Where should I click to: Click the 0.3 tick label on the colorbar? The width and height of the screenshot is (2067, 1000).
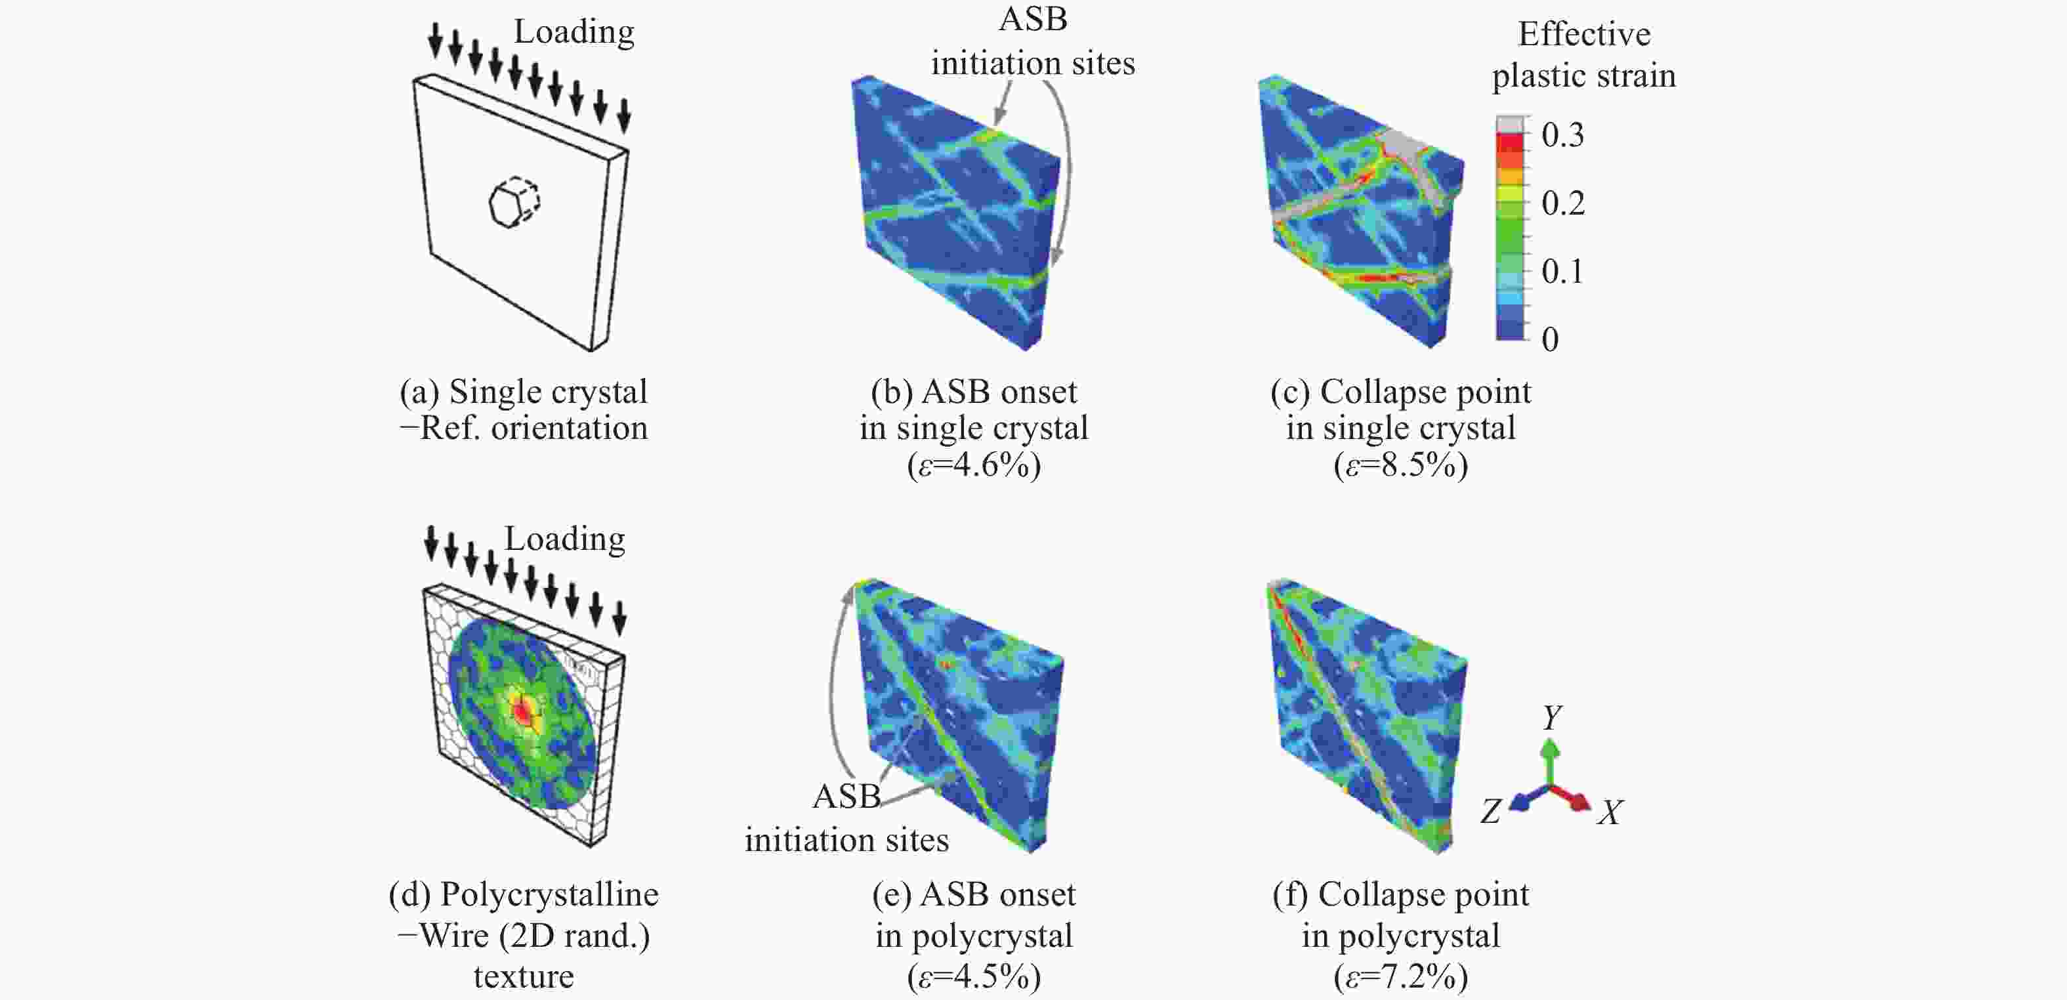tap(1562, 135)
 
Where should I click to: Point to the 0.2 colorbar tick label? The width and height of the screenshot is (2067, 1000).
tap(1562, 203)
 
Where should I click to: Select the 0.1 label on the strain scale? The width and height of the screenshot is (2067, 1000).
tap(1562, 271)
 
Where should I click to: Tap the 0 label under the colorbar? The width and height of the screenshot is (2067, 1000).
tap(1550, 339)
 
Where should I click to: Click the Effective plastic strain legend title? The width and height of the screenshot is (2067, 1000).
tap(1583, 54)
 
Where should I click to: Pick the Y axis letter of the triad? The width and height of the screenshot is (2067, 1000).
tap(1552, 717)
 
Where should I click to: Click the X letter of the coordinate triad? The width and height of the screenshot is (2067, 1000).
tap(1610, 813)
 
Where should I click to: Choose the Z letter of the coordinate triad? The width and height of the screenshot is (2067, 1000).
tap(1491, 812)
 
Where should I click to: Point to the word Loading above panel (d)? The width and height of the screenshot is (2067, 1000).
tap(564, 539)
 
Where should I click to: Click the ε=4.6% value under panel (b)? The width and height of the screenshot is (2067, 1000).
tap(974, 465)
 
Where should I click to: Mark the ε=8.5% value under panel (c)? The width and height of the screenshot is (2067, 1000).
tap(1401, 465)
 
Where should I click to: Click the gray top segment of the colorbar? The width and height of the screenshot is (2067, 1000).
tap(1510, 125)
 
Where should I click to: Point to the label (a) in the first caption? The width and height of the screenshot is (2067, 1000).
tap(419, 392)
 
